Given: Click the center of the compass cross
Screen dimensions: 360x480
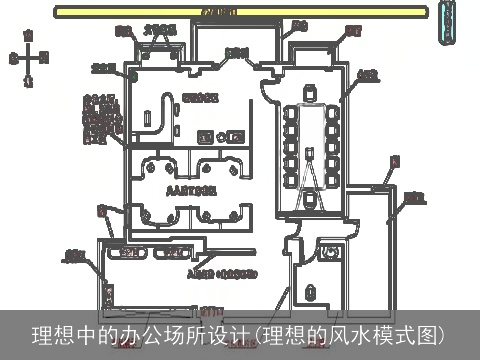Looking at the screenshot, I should point(29,58).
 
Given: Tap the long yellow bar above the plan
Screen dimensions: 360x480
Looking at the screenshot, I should point(241,12).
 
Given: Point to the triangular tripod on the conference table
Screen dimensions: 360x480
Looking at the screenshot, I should point(312,176).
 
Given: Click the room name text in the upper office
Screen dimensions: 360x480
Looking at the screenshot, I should point(200,97).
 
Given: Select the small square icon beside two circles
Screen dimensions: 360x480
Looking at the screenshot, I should point(206,135).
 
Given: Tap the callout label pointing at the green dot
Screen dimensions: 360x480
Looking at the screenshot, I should point(102,68).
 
